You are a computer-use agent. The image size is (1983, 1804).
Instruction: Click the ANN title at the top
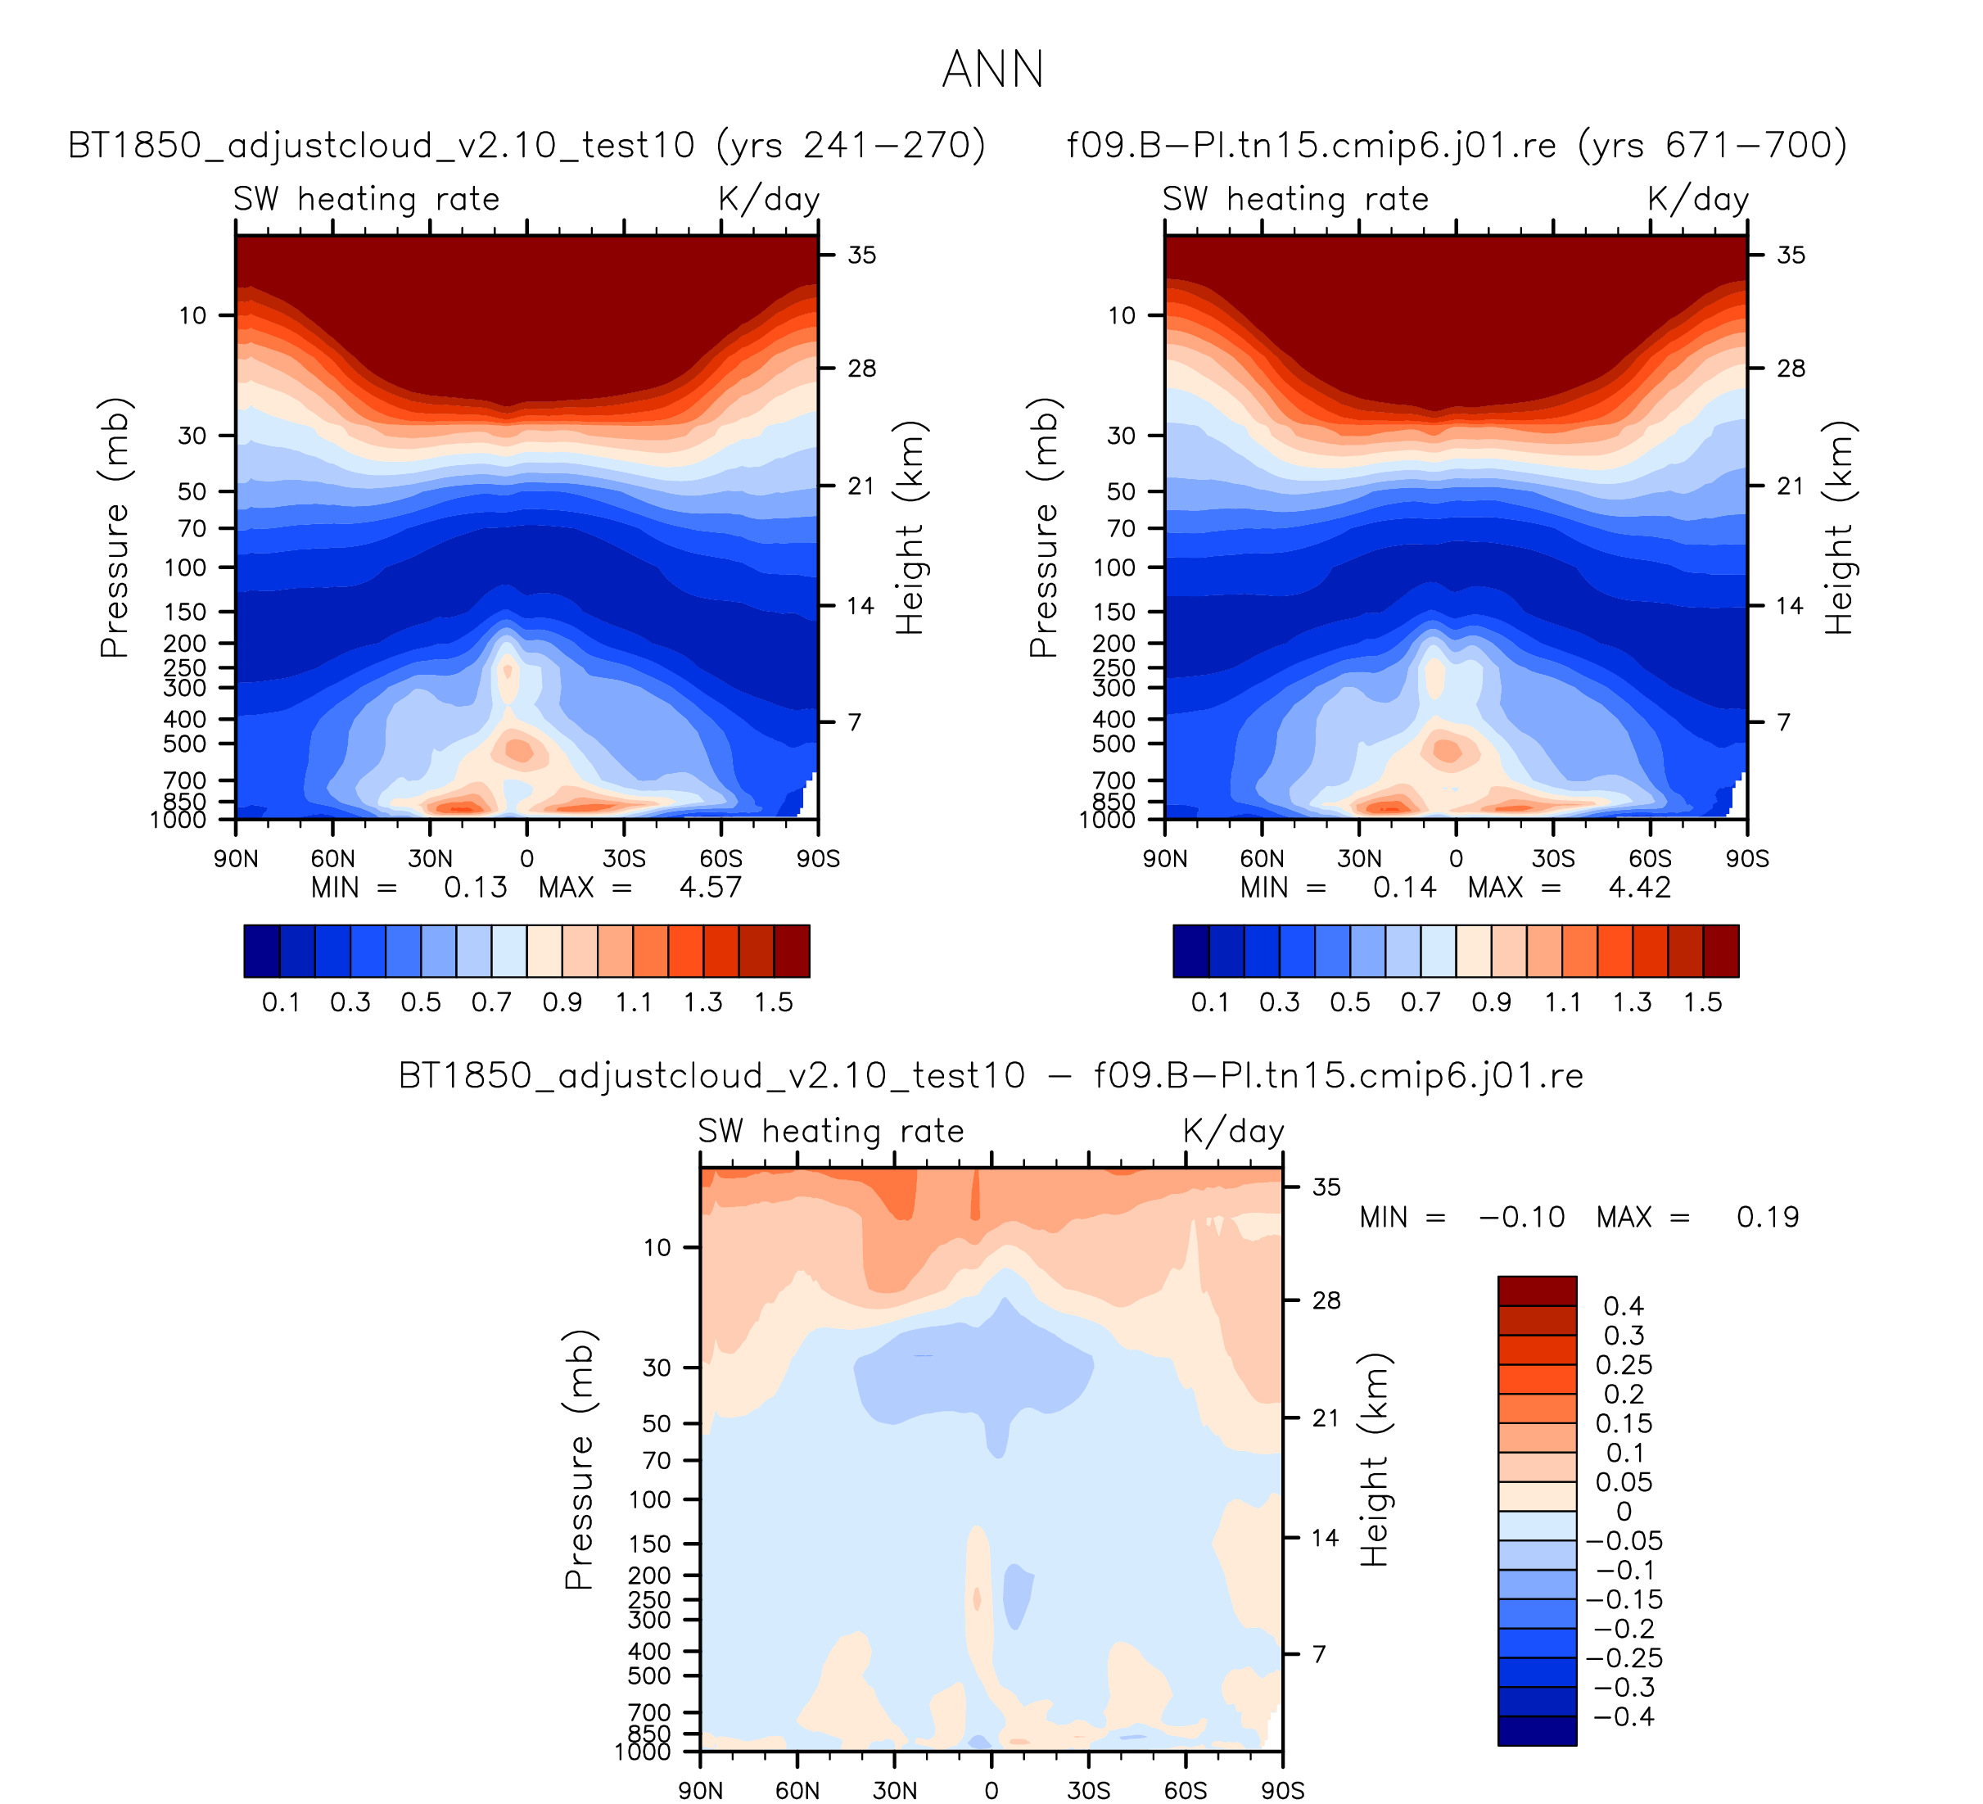[992, 70]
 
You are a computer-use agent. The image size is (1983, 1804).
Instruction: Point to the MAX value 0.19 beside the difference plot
[1768, 1217]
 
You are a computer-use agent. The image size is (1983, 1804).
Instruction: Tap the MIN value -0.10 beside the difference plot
[1522, 1217]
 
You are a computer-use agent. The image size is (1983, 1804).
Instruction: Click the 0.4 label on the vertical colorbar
[1623, 1305]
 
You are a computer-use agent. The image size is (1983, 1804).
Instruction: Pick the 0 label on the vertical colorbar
[1624, 1511]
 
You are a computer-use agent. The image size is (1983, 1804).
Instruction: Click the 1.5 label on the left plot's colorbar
[773, 1002]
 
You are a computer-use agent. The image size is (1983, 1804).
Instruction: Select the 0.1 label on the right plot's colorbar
[1210, 1002]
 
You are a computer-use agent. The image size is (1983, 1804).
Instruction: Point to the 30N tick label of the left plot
[430, 859]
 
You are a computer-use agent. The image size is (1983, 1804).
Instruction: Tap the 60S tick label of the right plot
[1650, 859]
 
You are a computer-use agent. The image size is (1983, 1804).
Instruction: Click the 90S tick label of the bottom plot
[1283, 1790]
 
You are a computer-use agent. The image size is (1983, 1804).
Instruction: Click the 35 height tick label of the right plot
[1791, 255]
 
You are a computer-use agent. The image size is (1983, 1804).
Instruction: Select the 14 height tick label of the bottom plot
[1325, 1537]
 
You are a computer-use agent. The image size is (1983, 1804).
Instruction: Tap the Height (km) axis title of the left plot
[910, 527]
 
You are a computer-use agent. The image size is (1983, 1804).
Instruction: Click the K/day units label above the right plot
[1698, 199]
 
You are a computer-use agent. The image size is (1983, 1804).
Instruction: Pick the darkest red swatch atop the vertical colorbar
[1537, 1291]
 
